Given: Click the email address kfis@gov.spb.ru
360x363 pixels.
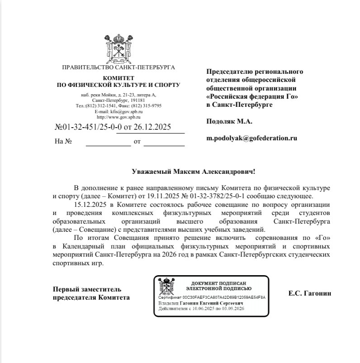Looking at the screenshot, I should [118, 111].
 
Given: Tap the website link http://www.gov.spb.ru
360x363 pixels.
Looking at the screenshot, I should [118, 117].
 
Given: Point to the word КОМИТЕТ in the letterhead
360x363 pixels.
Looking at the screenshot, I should [118, 78].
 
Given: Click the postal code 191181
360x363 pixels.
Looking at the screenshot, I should [135, 100].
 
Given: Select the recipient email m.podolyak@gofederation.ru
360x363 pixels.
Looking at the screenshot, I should [251, 138].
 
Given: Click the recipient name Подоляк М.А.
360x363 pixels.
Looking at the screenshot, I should [229, 121].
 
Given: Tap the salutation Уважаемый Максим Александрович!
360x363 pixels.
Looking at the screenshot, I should [193, 172].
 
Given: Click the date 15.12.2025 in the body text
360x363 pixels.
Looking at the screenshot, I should [89, 204].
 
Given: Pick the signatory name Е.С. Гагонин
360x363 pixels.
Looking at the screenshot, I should [310, 293].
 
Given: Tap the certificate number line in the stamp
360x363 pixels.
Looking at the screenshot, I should [212, 297].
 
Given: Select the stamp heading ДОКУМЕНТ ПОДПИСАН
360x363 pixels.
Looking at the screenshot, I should [219, 282].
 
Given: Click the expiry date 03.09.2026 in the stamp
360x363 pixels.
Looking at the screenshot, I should [234, 309].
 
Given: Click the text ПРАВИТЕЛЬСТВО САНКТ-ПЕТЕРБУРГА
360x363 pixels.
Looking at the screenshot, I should [118, 67].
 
